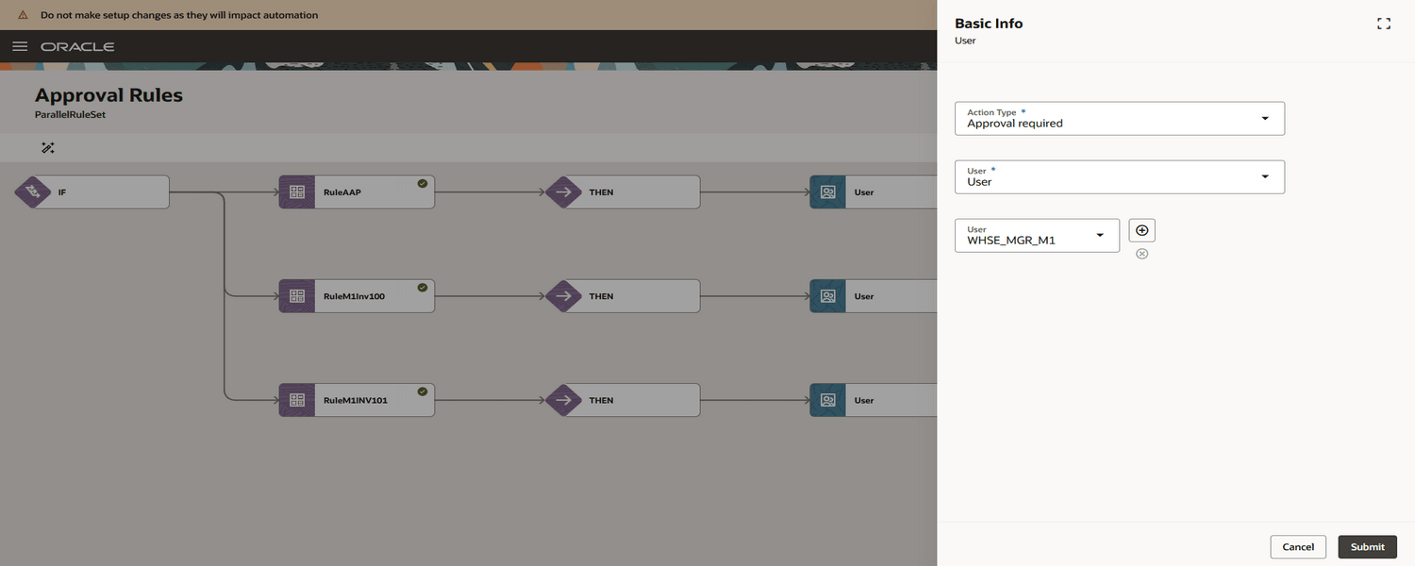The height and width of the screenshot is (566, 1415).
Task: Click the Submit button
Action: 1367,546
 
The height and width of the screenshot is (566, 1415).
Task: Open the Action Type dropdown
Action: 1120,118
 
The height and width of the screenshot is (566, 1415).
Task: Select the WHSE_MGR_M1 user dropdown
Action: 1037,236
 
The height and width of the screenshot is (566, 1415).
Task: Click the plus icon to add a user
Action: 1141,230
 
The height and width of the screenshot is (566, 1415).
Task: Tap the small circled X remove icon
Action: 1141,254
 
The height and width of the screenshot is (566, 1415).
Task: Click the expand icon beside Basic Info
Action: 1384,24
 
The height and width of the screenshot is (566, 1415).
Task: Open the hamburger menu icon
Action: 20,46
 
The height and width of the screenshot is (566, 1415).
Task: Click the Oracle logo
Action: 77,47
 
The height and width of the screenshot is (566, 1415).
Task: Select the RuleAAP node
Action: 357,192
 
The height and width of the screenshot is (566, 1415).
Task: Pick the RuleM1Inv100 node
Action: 357,296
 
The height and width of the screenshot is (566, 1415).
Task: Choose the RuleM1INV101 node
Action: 357,400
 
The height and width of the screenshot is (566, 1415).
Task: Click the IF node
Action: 92,192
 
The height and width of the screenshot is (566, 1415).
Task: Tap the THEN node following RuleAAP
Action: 623,192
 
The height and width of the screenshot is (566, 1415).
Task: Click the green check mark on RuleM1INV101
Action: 422,391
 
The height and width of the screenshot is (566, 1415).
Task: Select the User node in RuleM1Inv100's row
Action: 873,296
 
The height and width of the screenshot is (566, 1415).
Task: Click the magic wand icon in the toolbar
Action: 48,148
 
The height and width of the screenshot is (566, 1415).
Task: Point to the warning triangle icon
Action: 23,14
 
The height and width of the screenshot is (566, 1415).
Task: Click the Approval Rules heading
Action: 108,94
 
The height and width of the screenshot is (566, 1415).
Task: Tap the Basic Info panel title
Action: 989,24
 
